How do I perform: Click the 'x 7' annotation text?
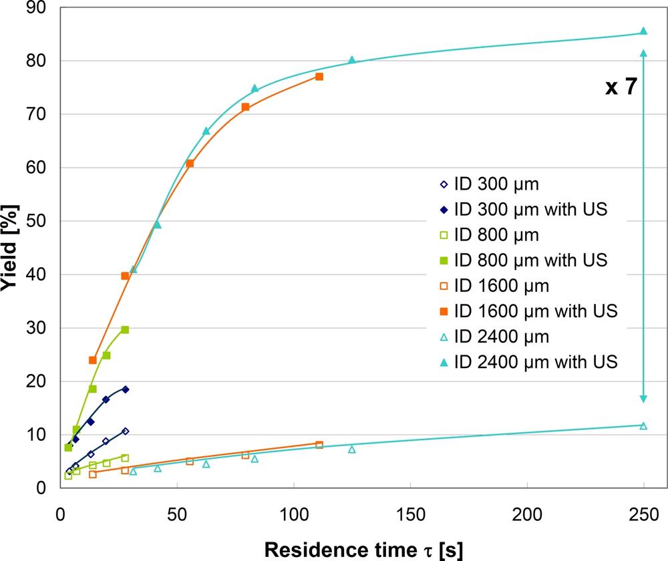[621, 87]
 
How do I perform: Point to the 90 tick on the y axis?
[35, 8]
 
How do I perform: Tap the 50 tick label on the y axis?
[35, 221]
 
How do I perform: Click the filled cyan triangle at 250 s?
[643, 31]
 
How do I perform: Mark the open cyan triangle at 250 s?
[643, 425]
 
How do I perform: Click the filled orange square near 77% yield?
[319, 77]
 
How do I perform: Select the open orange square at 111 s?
[319, 445]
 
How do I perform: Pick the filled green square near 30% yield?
[125, 330]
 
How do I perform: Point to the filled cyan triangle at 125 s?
[352, 60]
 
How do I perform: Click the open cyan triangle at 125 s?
[352, 449]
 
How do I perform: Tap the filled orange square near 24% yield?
[93, 360]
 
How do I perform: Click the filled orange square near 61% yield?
[190, 164]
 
